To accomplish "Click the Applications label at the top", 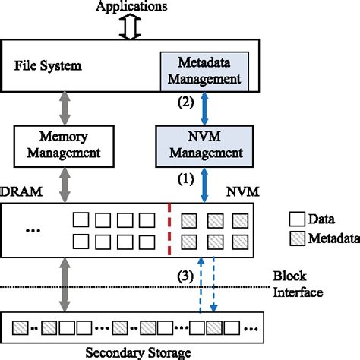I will coord(133,6).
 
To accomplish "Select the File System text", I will coord(48,65).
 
